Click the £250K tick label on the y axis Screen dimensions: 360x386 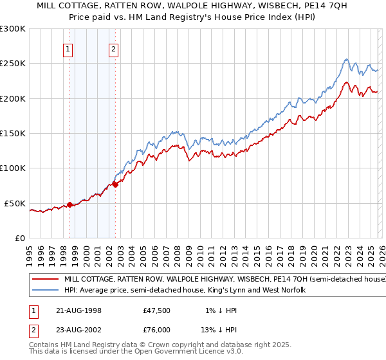(x=13, y=64)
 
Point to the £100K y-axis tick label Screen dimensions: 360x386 (x=13, y=168)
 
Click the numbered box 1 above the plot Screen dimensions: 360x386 (x=68, y=48)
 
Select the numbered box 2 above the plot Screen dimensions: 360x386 (x=114, y=48)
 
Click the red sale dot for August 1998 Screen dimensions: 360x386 (x=69, y=205)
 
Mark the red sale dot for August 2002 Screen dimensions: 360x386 (x=115, y=184)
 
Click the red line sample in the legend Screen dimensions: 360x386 (x=46, y=280)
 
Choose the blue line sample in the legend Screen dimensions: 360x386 (x=46, y=291)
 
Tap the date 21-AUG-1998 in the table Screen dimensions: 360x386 (x=78, y=310)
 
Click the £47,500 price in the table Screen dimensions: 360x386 (x=157, y=310)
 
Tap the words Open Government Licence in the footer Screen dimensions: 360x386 (x=174, y=352)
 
